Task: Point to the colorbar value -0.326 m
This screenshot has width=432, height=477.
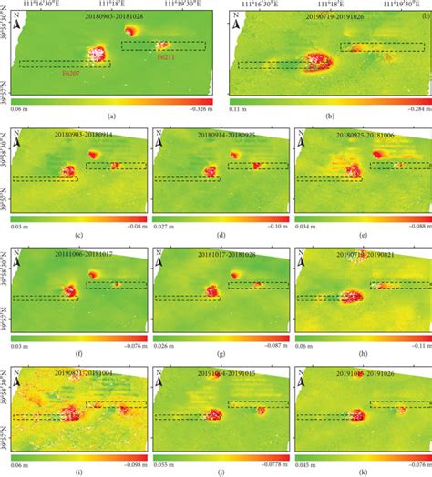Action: click(x=196, y=107)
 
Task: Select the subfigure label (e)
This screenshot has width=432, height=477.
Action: click(x=361, y=234)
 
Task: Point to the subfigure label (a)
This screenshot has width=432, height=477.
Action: click(x=109, y=117)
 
